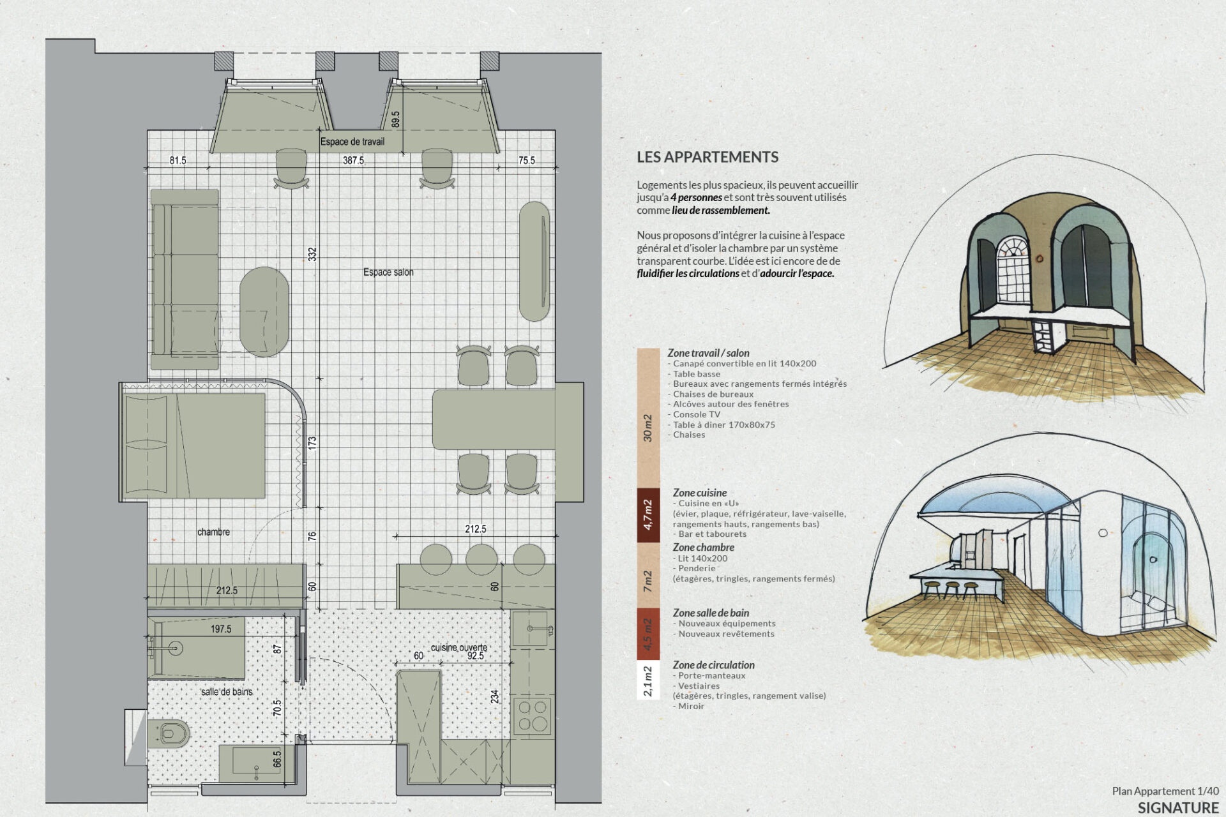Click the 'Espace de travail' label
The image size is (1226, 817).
352,142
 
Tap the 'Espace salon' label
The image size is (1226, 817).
388,273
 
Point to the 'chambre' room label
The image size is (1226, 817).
213,532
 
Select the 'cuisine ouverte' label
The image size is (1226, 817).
459,647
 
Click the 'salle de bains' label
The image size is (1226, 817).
227,692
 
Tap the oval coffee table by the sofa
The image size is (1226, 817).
264,311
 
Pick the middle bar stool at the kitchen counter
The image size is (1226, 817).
481,559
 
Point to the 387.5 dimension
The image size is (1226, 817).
353,160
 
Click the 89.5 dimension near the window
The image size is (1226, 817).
396,119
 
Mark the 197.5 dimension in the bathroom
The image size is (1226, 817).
221,629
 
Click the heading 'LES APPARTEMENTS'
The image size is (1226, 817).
708,157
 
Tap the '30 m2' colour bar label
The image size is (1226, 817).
648,428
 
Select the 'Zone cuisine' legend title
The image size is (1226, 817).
700,493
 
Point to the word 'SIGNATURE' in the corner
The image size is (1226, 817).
1178,807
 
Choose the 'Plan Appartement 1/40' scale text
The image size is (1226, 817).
1165,791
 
